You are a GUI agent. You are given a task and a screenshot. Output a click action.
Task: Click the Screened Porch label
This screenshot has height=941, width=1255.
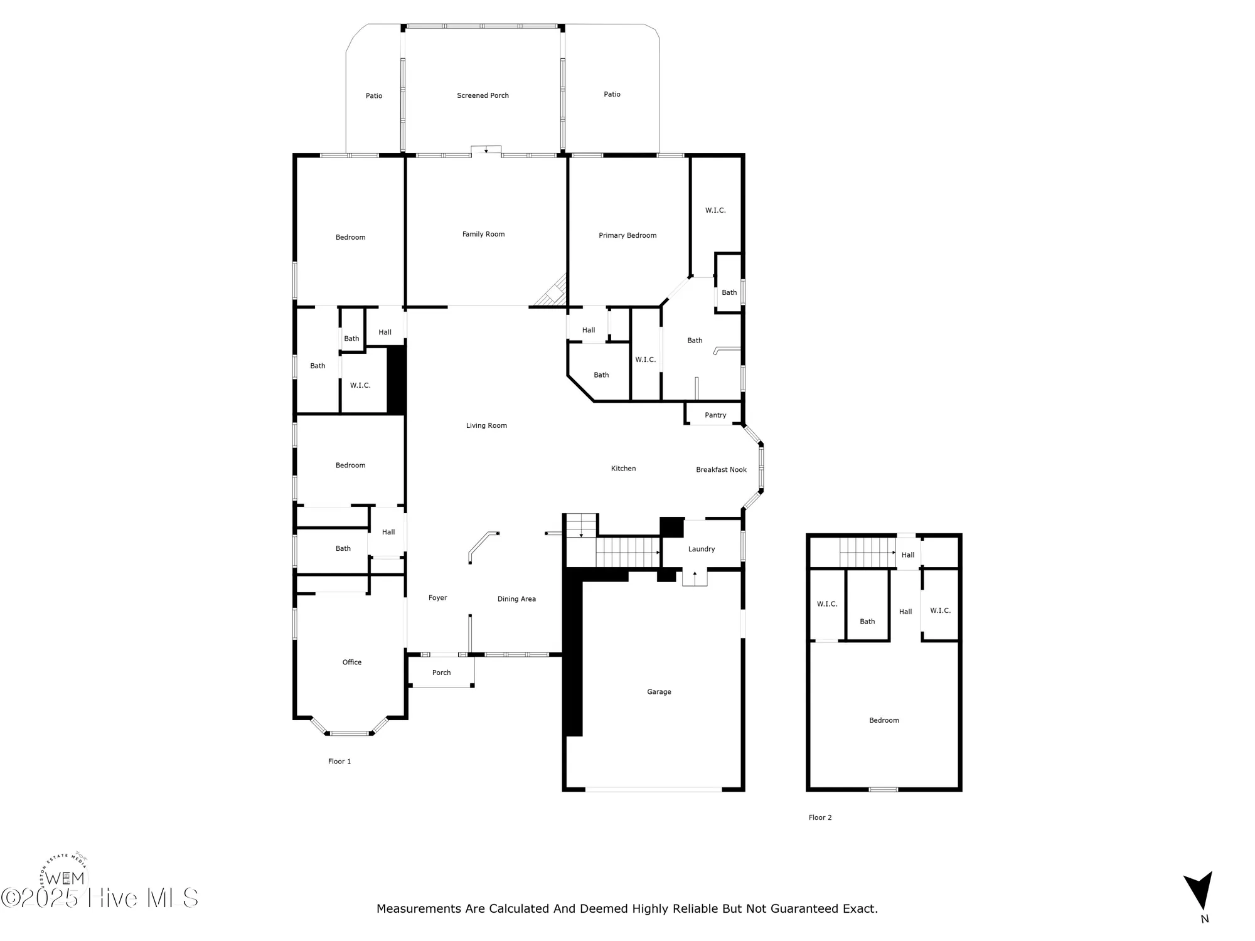pyautogui.click(x=483, y=95)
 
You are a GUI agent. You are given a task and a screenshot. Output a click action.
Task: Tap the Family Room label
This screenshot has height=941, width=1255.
pyautogui.click(x=483, y=234)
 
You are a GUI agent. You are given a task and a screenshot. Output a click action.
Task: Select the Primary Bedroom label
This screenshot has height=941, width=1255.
pyautogui.click(x=627, y=235)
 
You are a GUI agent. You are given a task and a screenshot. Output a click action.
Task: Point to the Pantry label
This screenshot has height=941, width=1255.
pyautogui.click(x=715, y=415)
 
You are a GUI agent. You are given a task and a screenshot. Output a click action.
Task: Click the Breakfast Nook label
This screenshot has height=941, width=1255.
pyautogui.click(x=721, y=470)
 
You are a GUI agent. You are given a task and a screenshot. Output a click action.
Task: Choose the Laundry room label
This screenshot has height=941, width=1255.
pyautogui.click(x=701, y=549)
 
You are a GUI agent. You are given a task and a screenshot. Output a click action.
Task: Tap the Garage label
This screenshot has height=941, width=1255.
pyautogui.click(x=659, y=692)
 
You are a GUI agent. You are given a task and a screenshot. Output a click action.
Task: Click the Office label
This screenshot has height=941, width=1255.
pyautogui.click(x=352, y=662)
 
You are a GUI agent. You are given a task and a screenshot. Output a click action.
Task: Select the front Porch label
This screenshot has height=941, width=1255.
pyautogui.click(x=441, y=673)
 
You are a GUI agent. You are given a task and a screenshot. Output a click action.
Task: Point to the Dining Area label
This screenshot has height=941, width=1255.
pyautogui.click(x=516, y=599)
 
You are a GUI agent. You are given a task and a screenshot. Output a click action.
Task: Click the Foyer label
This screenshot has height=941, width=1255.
pyautogui.click(x=437, y=598)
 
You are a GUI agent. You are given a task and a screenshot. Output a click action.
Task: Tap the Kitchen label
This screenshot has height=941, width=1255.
pyautogui.click(x=623, y=469)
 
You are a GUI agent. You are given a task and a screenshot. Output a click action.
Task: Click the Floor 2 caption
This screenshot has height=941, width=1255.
pyautogui.click(x=820, y=817)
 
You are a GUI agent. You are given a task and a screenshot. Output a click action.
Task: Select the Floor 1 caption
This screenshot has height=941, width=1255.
pyautogui.click(x=339, y=762)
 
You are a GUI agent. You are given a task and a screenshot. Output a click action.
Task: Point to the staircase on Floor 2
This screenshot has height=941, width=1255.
pyautogui.click(x=867, y=552)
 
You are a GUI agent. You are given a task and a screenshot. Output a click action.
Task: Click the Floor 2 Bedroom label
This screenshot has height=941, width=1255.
pyautogui.click(x=884, y=720)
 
